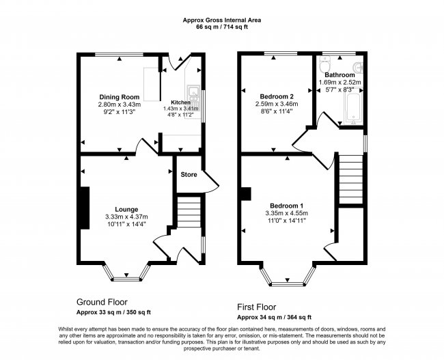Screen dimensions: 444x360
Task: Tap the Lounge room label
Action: (x=126, y=209)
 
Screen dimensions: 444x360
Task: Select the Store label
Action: (x=189, y=174)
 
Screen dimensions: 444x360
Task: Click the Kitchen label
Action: (x=180, y=102)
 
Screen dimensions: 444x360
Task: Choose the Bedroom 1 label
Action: (x=287, y=206)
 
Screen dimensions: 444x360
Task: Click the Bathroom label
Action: (x=339, y=75)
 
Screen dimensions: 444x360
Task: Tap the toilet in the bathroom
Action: (x=324, y=64)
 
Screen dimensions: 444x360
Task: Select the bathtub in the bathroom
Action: (x=352, y=109)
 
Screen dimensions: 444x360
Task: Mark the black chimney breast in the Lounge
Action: (x=85, y=208)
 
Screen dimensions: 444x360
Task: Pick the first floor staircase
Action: (x=351, y=179)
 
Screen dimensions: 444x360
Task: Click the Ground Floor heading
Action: (x=102, y=302)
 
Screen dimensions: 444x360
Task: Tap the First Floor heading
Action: (x=257, y=307)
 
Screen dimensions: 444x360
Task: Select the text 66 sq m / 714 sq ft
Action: (x=222, y=27)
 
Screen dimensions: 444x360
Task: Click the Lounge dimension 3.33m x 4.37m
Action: (x=126, y=217)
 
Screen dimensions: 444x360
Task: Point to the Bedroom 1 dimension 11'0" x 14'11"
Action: (x=287, y=221)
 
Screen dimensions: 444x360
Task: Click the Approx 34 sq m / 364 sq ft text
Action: (x=275, y=317)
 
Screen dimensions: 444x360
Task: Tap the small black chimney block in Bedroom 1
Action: (x=246, y=194)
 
